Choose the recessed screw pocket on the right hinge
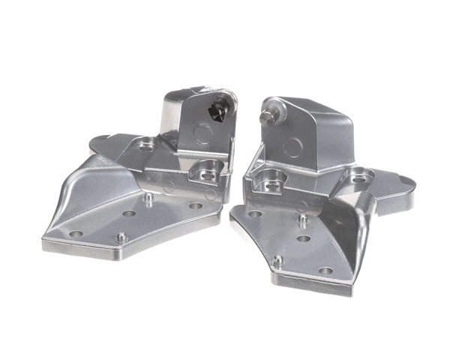point(272,179)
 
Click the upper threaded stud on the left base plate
point(150,198)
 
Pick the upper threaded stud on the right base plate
point(302,219)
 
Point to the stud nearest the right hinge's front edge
point(277,260)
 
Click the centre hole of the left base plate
point(129,214)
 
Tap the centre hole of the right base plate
point(303,238)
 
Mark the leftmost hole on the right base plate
point(255,214)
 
